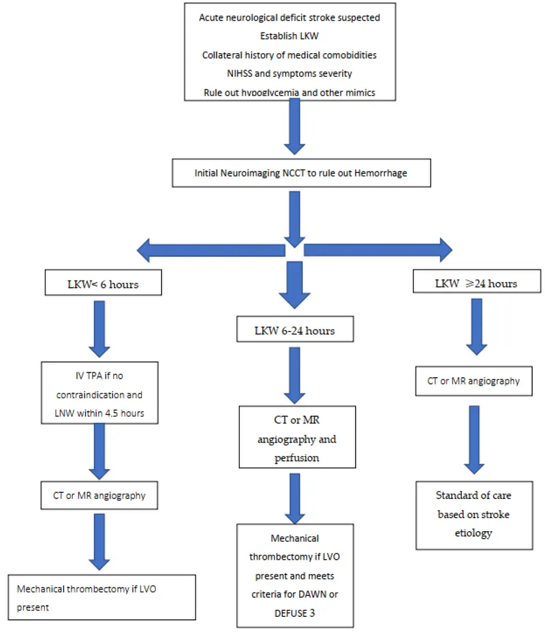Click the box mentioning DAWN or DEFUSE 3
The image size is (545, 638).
pyautogui.click(x=295, y=575)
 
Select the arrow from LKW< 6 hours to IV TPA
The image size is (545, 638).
pyautogui.click(x=100, y=327)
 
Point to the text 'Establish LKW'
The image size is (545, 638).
pyautogui.click(x=289, y=36)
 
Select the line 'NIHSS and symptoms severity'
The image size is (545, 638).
pyautogui.click(x=289, y=74)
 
